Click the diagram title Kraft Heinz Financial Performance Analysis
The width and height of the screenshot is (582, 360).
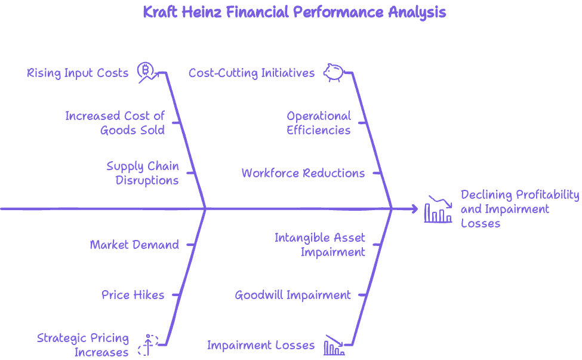point(294,13)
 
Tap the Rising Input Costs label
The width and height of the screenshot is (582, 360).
point(78,73)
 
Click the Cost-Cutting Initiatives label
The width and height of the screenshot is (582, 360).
point(251,73)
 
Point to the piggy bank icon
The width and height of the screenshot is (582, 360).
point(334,72)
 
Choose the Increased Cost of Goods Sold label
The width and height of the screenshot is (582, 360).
point(115,123)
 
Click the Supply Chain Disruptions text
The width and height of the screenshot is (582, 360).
point(143,173)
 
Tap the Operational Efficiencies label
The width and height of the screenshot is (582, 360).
point(319,123)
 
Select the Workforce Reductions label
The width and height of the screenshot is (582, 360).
point(303,174)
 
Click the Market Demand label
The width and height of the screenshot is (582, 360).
point(134,245)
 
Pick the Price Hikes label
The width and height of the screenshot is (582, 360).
point(133,295)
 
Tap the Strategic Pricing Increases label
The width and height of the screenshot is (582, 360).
point(83,345)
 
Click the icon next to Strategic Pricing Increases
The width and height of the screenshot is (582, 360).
point(147,345)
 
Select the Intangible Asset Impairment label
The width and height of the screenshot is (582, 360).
point(320,245)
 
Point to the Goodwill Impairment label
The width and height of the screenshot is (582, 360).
point(292,295)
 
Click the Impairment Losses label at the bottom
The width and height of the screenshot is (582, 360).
point(261,345)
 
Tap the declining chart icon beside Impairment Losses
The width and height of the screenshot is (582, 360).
point(334,345)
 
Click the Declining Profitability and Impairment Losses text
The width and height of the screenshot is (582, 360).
point(519,209)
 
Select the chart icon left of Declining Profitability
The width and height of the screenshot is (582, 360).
point(438,209)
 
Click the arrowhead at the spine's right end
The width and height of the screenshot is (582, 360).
point(414,209)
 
